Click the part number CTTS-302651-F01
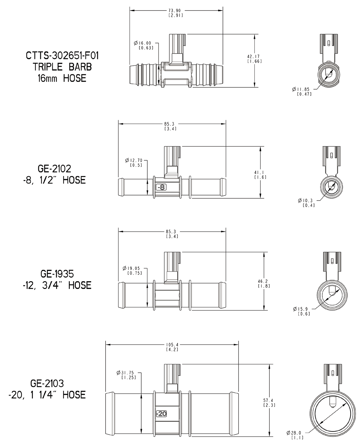pyautogui.click(x=62, y=56)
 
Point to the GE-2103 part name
pyautogui.click(x=47, y=383)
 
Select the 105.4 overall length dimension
pyautogui.click(x=172, y=345)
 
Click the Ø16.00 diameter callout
pyautogui.click(x=143, y=43)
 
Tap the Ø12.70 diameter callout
pyautogui.click(x=134, y=160)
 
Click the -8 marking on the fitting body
pyautogui.click(x=161, y=187)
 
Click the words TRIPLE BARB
pyautogui.click(x=62, y=67)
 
